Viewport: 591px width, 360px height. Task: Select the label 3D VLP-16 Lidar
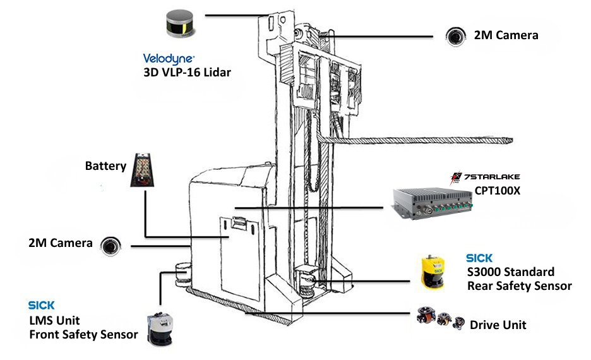point(188,72)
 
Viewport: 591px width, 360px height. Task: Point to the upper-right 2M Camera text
point(506,35)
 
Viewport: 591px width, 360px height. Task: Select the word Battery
point(105,166)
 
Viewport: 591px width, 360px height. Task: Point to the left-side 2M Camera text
point(61,243)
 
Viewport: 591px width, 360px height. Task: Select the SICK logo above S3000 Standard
point(479,258)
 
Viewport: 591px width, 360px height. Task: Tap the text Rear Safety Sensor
point(519,286)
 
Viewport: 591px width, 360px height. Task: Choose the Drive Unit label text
point(498,325)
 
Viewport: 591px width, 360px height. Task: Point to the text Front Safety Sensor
point(83,334)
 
